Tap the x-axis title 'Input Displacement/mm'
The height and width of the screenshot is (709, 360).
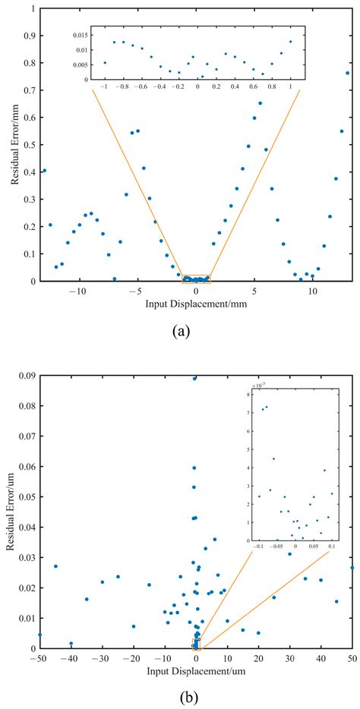click(x=196, y=303)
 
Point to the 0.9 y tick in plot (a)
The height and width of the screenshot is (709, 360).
click(x=27, y=36)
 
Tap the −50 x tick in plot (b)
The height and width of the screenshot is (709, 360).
click(x=39, y=659)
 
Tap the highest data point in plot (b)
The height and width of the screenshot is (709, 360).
click(x=195, y=378)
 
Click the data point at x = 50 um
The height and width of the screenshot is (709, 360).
click(x=352, y=567)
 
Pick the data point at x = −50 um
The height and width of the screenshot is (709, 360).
click(x=39, y=635)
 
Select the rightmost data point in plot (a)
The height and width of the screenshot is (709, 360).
click(x=348, y=73)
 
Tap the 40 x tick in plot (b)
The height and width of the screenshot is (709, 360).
click(x=321, y=659)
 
